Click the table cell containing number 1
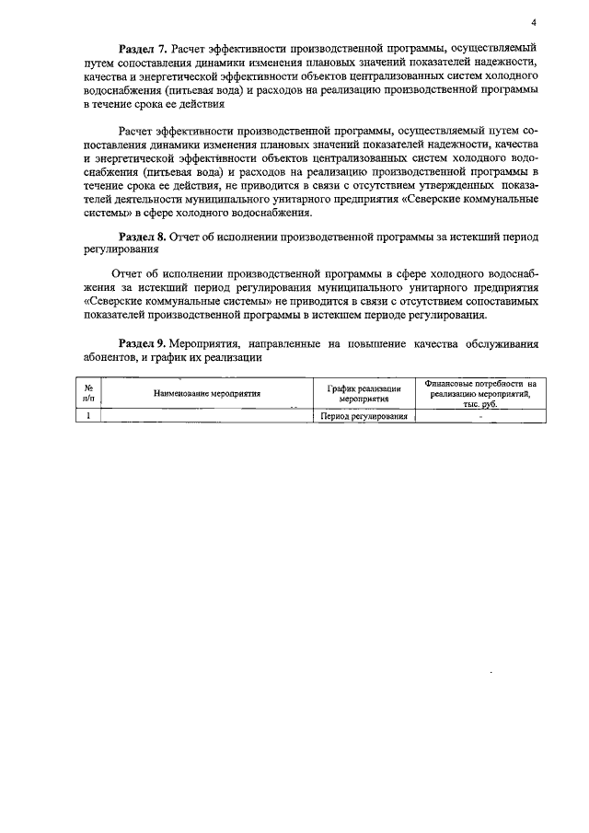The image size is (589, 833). [x=87, y=416]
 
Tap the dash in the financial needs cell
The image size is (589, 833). [x=479, y=416]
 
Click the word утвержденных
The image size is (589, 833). [x=433, y=185]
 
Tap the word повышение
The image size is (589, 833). [x=375, y=343]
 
